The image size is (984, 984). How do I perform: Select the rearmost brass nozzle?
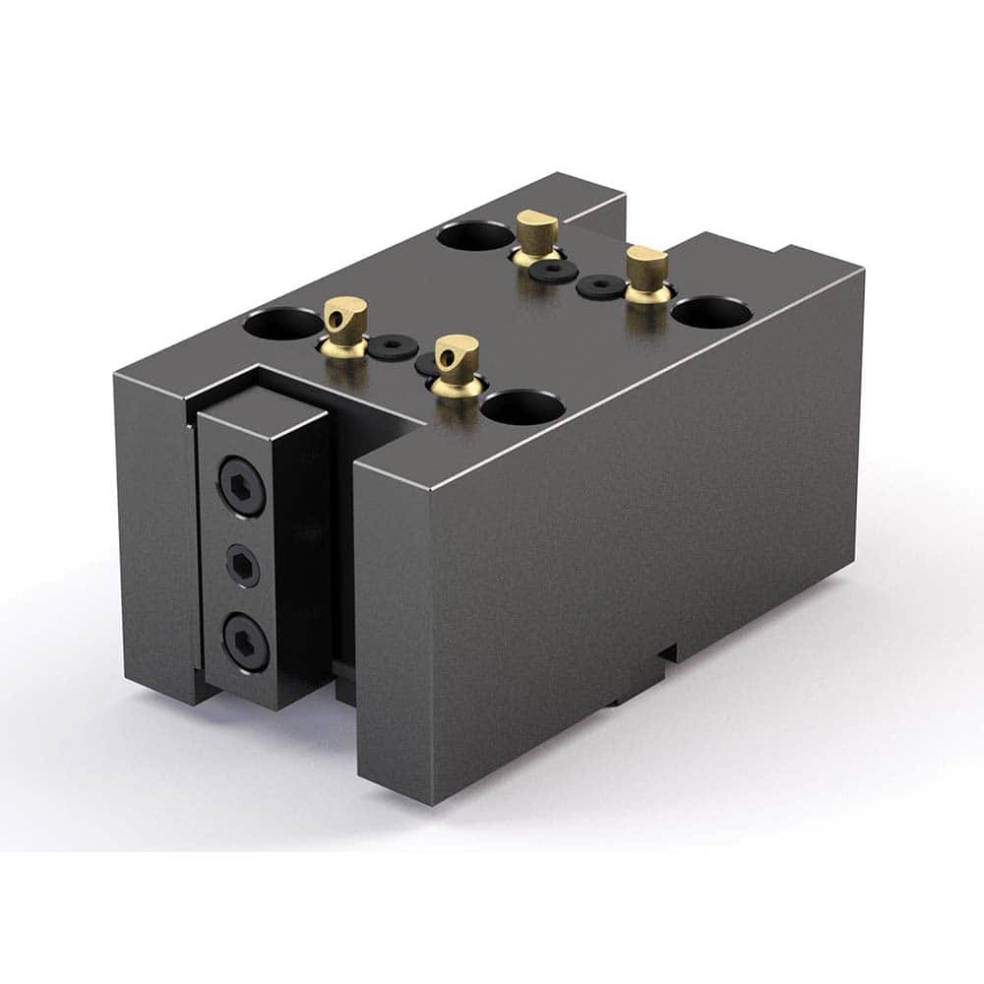point(536,235)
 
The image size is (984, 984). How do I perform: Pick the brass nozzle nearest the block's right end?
point(646,272)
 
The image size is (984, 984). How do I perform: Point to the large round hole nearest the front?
point(523,405)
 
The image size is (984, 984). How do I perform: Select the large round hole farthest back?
point(467,235)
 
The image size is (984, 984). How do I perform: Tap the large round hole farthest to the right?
point(711,312)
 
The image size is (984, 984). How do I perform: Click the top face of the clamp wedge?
point(261,404)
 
